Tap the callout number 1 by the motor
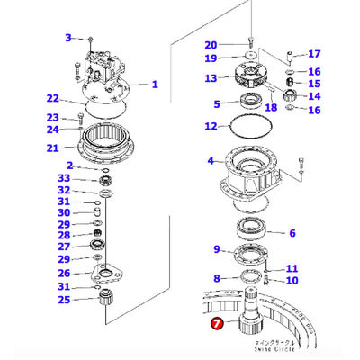tap(155, 85)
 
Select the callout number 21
tap(53, 148)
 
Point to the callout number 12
tap(211, 126)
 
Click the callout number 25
tap(65, 300)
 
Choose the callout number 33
tap(65, 178)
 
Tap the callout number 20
tap(211, 45)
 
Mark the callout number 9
tap(216, 249)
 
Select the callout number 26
tap(65, 274)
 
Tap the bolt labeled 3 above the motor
tap(91, 38)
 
